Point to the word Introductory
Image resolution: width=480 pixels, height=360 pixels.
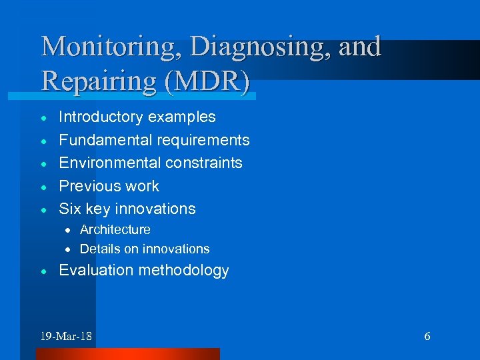pyautogui.click(x=101, y=117)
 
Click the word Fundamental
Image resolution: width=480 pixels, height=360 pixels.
pyautogui.click(x=105, y=140)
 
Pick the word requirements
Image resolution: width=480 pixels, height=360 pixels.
pyautogui.click(x=203, y=140)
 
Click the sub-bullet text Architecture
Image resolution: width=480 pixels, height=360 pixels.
pyautogui.click(x=115, y=229)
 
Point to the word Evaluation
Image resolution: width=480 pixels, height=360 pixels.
pyautogui.click(x=95, y=270)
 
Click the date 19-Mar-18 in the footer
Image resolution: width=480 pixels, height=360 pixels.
pyautogui.click(x=66, y=336)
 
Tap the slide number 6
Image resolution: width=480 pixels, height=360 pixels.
pyautogui.click(x=427, y=336)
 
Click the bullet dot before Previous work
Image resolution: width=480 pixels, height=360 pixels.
pyautogui.click(x=43, y=187)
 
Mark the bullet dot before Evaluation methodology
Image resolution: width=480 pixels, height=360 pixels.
pyautogui.click(x=43, y=271)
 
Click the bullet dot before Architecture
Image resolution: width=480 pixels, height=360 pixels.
pyautogui.click(x=67, y=230)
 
